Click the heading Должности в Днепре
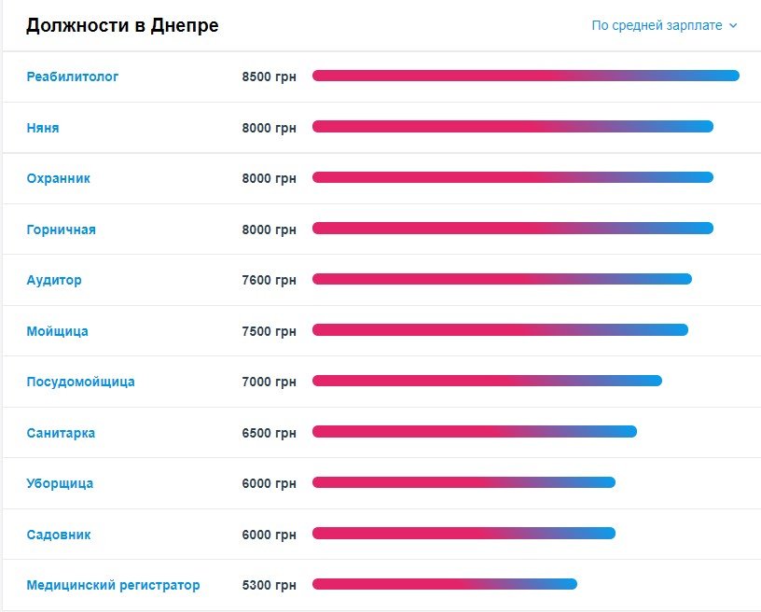pyautogui.click(x=122, y=25)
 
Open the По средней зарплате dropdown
pyautogui.click(x=657, y=25)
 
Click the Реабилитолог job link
pyautogui.click(x=73, y=76)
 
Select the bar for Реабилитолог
pyautogui.click(x=525, y=76)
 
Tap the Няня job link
pyautogui.click(x=43, y=128)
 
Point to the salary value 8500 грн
pyautogui.click(x=269, y=76)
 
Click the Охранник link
pyautogui.click(x=59, y=178)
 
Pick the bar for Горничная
pyautogui.click(x=512, y=228)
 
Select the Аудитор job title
pyautogui.click(x=54, y=280)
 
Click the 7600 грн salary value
pyautogui.click(x=269, y=280)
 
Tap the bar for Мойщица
pyautogui.click(x=500, y=329)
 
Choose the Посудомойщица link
pyautogui.click(x=80, y=382)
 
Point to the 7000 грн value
pyautogui.click(x=269, y=382)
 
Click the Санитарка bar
pyautogui.click(x=474, y=431)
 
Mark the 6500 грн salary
pyautogui.click(x=269, y=433)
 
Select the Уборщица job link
pyautogui.click(x=60, y=483)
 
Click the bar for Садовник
pyautogui.click(x=464, y=533)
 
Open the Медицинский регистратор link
pyautogui.click(x=113, y=585)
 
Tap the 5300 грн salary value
pyautogui.click(x=269, y=585)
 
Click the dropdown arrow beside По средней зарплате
pyautogui.click(x=733, y=26)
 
